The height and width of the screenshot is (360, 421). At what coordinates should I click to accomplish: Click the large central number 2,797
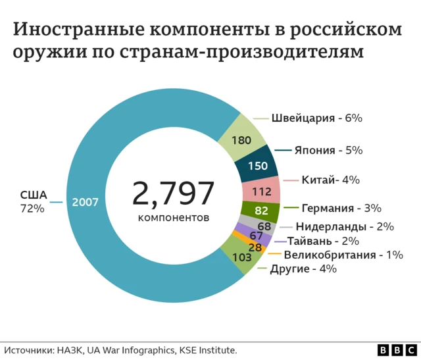click(x=174, y=193)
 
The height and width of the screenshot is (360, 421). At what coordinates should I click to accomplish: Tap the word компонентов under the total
click(x=174, y=217)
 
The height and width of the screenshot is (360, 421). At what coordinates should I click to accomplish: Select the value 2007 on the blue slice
click(x=85, y=202)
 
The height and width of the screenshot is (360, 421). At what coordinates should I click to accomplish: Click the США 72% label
click(x=33, y=202)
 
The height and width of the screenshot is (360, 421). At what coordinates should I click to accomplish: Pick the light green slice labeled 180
click(x=241, y=140)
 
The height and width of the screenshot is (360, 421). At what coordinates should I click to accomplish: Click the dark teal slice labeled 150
click(x=257, y=166)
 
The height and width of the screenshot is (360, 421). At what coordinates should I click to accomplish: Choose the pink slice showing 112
click(x=261, y=192)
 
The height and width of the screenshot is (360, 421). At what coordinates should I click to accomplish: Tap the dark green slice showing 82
click(x=260, y=211)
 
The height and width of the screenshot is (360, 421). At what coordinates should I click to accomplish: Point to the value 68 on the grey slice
click(x=255, y=226)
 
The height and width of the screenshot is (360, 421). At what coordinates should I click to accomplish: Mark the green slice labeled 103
click(x=242, y=257)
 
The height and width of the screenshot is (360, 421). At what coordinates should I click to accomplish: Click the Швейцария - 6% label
click(x=317, y=118)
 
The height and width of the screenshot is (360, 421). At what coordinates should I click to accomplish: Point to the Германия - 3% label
click(x=341, y=208)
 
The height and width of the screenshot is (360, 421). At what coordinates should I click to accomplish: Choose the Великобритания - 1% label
click(x=343, y=255)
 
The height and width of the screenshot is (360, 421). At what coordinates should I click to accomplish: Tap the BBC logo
click(x=397, y=350)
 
